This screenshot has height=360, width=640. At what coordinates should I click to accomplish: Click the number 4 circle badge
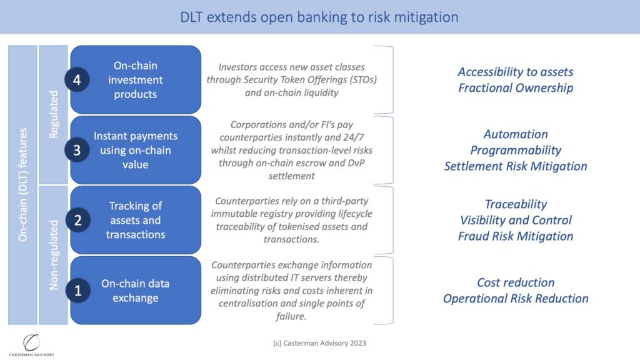77,79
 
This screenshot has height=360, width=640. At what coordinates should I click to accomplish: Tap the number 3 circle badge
77,150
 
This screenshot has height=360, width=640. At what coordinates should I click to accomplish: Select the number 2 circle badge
77,220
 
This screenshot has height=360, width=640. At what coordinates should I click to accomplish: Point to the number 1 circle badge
77,290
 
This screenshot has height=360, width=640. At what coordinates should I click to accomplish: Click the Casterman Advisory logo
31,345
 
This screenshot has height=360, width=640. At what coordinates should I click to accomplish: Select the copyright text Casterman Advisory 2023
319,343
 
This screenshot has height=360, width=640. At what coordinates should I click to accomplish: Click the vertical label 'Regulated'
54,115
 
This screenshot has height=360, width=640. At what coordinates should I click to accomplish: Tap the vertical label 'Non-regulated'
54,255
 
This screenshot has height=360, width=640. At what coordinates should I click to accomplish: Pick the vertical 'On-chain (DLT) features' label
23,185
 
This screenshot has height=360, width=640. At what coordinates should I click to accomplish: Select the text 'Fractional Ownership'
516,87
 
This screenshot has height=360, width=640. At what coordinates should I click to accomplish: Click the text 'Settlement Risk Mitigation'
516,166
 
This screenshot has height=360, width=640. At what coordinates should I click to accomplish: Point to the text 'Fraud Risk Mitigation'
516,236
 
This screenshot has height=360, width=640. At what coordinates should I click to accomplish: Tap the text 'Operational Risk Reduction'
516,298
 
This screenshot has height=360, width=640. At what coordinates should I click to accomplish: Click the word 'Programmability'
516,150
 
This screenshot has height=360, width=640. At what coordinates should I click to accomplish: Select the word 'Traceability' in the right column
516,204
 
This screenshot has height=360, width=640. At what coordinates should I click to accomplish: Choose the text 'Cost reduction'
516,282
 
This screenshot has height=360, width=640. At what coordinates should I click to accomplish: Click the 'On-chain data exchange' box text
135,291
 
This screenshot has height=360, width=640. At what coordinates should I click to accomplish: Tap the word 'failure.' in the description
291,316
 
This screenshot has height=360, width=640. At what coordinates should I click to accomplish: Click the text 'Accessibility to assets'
516,72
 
